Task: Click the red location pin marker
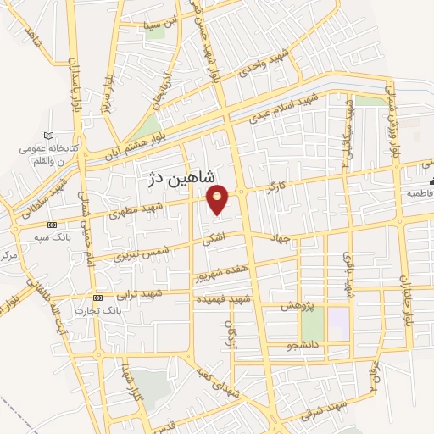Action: [x=219, y=198]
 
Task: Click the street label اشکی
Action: [x=214, y=241]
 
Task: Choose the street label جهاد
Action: [x=281, y=238]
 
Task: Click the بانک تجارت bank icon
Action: [x=98, y=298]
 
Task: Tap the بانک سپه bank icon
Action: [x=53, y=225]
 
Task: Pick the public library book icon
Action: [x=47, y=136]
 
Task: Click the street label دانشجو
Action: [x=303, y=346]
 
